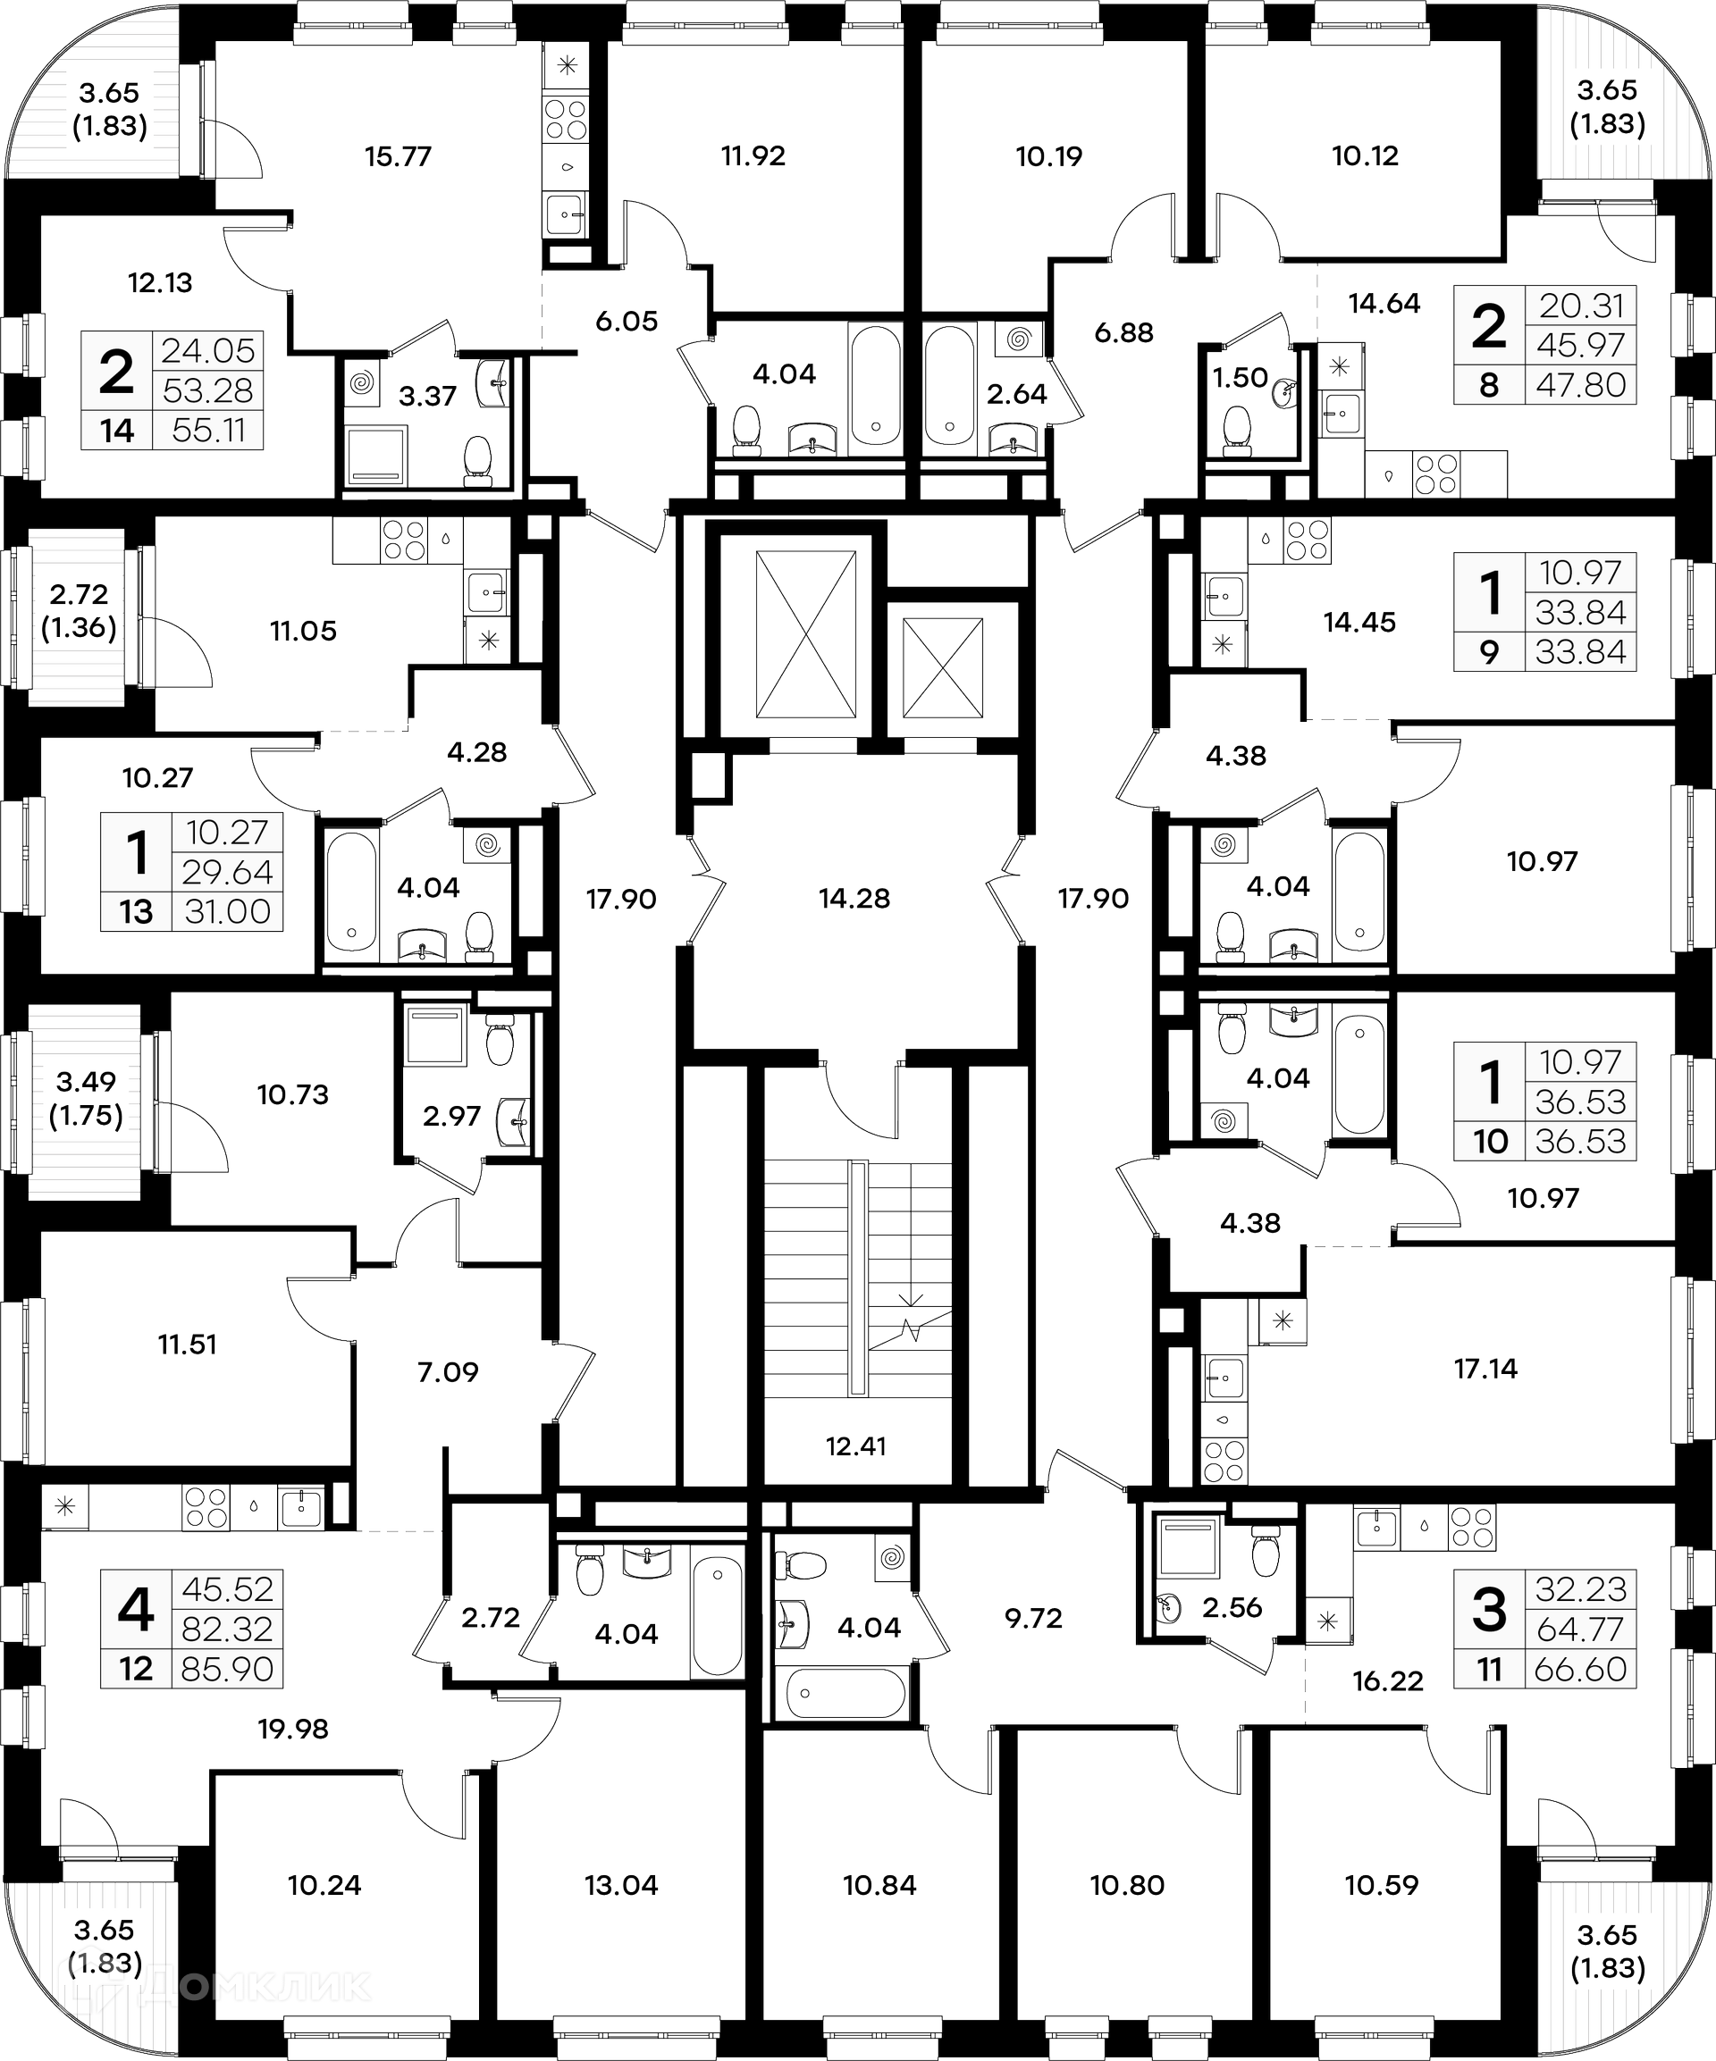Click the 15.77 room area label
coord(398,156)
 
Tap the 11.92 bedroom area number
coord(753,156)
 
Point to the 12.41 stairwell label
coord(855,1445)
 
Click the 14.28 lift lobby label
coord(854,898)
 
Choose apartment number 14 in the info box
coord(117,430)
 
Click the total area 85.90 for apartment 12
coord(227,1669)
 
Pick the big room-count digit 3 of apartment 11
coord(1489,1611)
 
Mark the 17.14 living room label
coord(1485,1368)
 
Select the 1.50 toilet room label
coord(1240,378)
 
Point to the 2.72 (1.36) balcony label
coord(79,610)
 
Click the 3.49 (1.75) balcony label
coord(87,1098)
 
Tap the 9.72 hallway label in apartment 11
coord(1033,1617)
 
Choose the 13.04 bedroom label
coord(620,1884)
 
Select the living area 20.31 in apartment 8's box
coord(1580,306)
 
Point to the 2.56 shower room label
coord(1232,1607)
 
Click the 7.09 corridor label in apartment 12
coord(448,1371)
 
